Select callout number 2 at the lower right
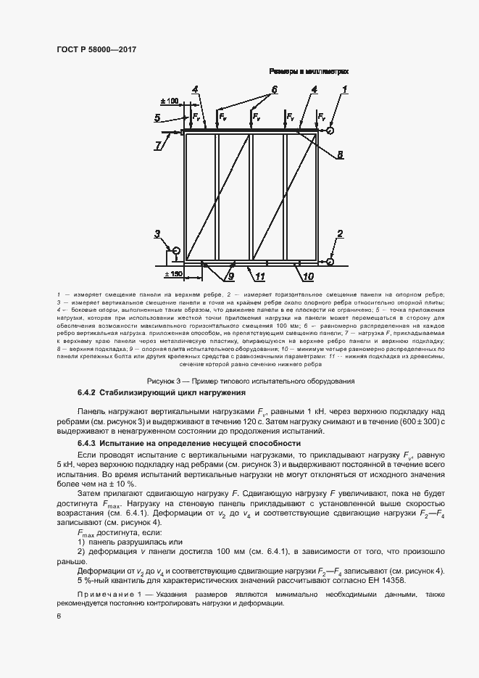tap(339, 233)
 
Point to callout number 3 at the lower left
tap(157, 233)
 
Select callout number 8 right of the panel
tap(339, 154)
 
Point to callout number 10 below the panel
tap(307, 276)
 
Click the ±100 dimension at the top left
tap(170, 102)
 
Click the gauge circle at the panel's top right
tap(330, 131)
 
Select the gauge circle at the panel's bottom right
tap(330, 261)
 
